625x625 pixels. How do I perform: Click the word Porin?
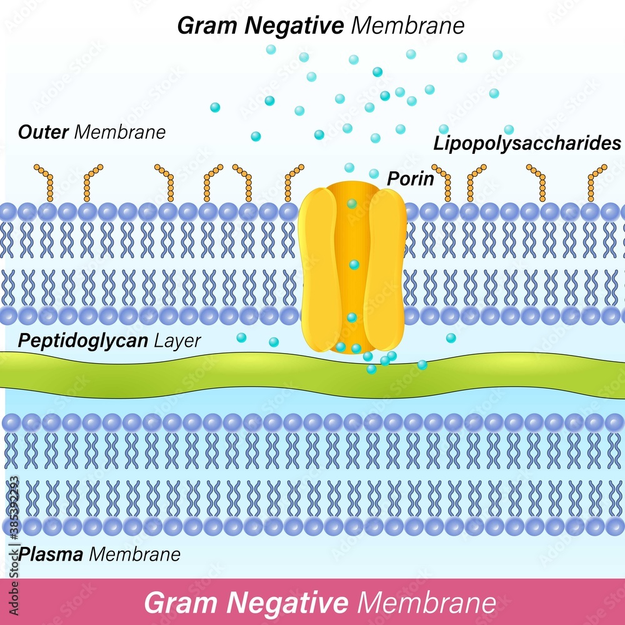click(410, 179)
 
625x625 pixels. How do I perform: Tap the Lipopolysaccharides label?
click(527, 144)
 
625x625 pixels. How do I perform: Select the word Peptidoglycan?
click(82, 341)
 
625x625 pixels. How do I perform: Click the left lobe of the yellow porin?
click(319, 269)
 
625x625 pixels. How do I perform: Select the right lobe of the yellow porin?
click(386, 269)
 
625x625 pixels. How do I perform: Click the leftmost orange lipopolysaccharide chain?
click(46, 181)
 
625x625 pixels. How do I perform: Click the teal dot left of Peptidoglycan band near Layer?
click(241, 337)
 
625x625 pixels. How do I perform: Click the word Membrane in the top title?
click(408, 26)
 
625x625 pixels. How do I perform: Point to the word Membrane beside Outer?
click(119, 132)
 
